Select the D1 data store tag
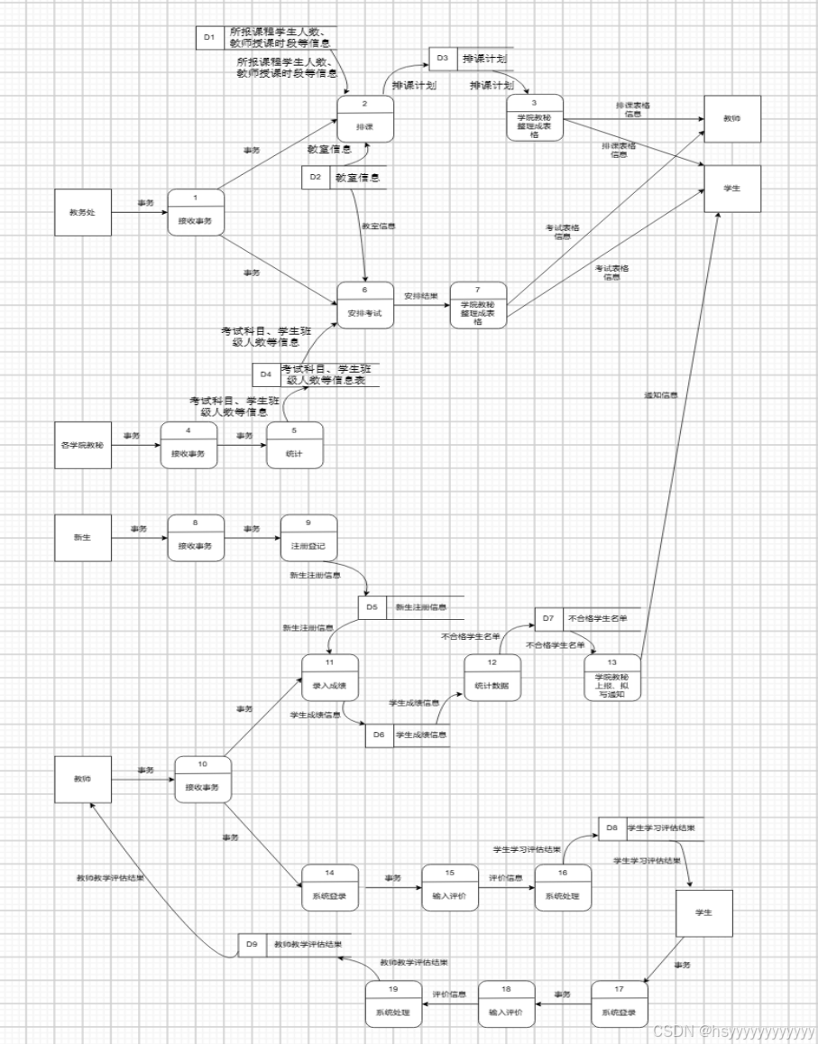coord(209,38)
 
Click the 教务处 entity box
coord(83,213)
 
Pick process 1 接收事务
coord(195,213)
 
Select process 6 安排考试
coord(365,304)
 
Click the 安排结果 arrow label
coord(421,295)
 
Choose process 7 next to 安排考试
coord(478,306)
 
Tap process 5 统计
coord(294,445)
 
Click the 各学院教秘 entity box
coord(83,445)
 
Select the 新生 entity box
coord(83,537)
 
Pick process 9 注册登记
coord(308,537)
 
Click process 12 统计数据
coord(492,677)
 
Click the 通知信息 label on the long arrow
coord(661,395)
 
